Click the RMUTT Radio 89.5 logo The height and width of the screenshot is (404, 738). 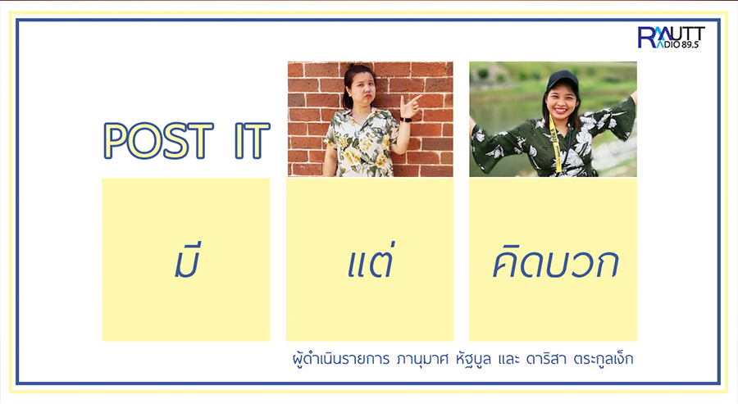[671, 37]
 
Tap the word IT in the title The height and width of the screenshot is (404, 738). [253, 140]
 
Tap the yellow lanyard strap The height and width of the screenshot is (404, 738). [555, 143]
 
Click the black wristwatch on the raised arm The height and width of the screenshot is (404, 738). [405, 120]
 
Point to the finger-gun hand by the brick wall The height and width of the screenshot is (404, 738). [409, 107]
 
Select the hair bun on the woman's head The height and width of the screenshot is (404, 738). [352, 66]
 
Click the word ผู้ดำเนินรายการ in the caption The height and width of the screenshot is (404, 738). [341, 359]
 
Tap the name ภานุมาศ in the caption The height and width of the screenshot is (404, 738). [422, 360]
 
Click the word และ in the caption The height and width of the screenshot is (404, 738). [508, 360]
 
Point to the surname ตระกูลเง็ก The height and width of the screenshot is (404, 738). [604, 359]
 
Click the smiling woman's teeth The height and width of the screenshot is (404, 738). [561, 110]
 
